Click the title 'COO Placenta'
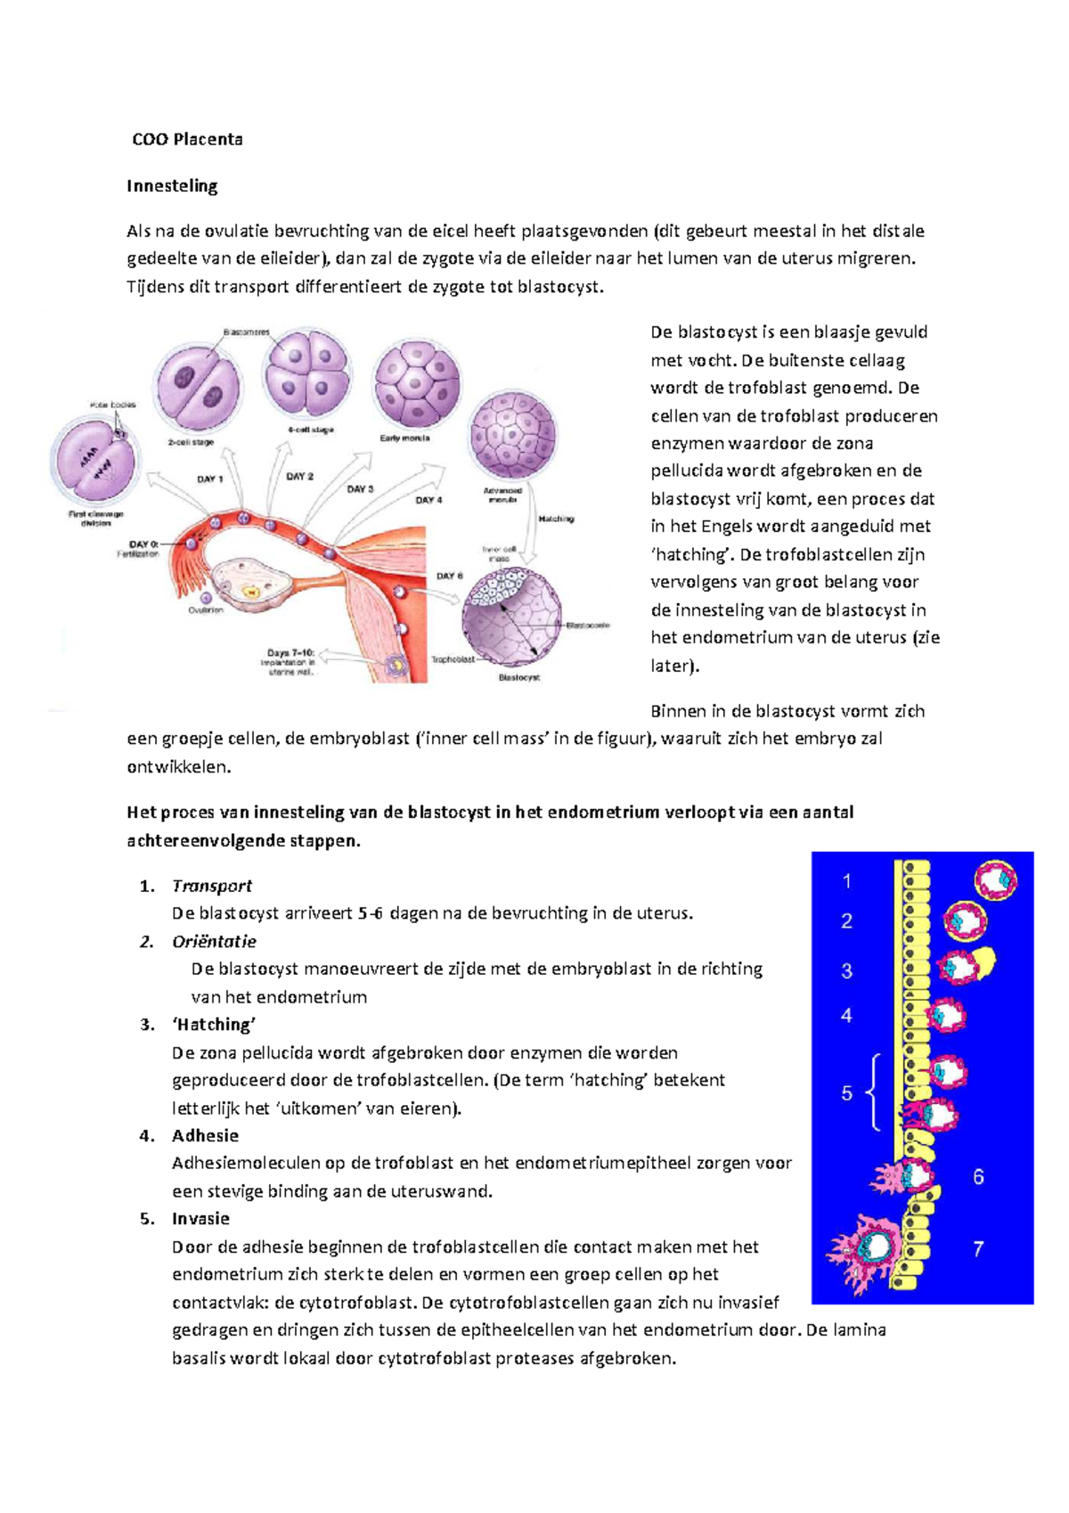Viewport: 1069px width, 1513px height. click(x=187, y=139)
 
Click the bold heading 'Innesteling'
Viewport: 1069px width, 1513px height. click(x=172, y=185)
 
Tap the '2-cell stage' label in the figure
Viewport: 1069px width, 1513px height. click(x=191, y=442)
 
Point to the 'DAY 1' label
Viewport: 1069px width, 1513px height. click(x=209, y=479)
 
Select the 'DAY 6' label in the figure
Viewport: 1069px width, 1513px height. click(x=449, y=576)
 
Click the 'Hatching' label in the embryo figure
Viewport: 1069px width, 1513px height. click(x=556, y=519)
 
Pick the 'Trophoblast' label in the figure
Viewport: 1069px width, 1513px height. click(x=453, y=659)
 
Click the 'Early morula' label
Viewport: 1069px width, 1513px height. click(x=404, y=438)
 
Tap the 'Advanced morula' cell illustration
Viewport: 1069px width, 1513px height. click(x=513, y=437)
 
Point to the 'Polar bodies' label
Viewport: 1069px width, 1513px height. click(x=112, y=405)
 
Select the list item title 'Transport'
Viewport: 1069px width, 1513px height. click(x=212, y=886)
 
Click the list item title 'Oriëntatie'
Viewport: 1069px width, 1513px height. click(x=214, y=942)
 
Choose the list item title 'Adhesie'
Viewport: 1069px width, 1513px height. click(x=205, y=1136)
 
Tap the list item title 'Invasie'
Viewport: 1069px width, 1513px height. click(x=200, y=1219)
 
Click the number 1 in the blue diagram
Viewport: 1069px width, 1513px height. click(x=846, y=881)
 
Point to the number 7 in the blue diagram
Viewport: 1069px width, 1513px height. click(x=978, y=1249)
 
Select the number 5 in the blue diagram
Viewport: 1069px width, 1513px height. click(x=846, y=1093)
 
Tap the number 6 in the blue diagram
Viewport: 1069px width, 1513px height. click(x=978, y=1177)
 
